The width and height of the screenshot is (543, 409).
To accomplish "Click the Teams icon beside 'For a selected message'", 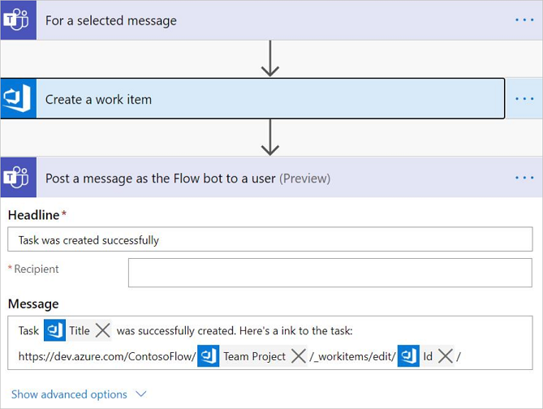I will click(x=18, y=20).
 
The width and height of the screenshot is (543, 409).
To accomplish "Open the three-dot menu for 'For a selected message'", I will click(x=524, y=20).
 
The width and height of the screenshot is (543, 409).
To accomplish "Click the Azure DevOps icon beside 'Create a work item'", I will click(x=18, y=99).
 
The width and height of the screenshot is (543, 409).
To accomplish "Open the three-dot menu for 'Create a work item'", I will click(x=524, y=99).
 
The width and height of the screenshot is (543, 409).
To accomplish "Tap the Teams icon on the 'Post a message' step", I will click(x=18, y=178).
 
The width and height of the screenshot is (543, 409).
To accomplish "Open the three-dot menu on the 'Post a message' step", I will click(x=524, y=178).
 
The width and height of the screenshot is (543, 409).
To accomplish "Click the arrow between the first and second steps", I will click(x=270, y=59).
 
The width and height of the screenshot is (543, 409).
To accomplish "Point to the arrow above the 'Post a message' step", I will click(x=270, y=138).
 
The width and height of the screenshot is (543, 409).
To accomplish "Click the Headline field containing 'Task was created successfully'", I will click(x=270, y=239).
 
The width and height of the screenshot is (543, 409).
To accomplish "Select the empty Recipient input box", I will click(x=330, y=273).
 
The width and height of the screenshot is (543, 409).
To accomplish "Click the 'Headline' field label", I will click(x=33, y=215).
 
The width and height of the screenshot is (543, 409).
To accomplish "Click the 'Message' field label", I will click(x=33, y=304).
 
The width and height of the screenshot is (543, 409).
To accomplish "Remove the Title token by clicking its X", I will click(x=102, y=330).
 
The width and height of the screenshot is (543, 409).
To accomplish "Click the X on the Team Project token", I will click(x=298, y=356).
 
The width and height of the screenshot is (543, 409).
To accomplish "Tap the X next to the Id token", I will click(x=445, y=356).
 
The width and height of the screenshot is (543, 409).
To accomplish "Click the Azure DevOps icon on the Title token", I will click(x=54, y=330).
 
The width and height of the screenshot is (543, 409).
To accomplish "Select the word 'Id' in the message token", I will click(x=427, y=356).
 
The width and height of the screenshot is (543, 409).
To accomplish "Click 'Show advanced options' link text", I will click(x=69, y=394).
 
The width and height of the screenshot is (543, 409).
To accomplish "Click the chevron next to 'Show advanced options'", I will click(x=140, y=394).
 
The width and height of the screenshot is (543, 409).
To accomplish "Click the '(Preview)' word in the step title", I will click(x=305, y=178).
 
